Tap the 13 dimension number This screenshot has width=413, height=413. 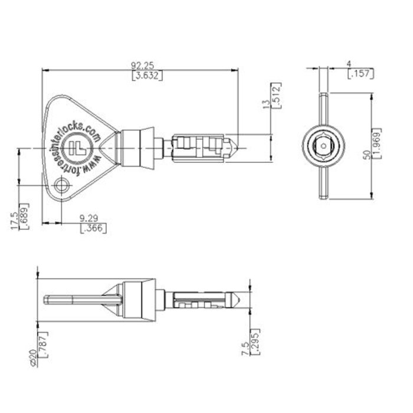click(x=267, y=103)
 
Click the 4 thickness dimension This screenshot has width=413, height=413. click(x=350, y=63)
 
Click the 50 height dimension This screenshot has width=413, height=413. click(x=367, y=154)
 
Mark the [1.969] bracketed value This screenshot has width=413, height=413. click(x=378, y=145)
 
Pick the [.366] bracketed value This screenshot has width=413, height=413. click(x=93, y=228)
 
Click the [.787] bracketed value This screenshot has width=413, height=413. click(x=42, y=343)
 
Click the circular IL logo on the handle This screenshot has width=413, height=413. click(x=76, y=146)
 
